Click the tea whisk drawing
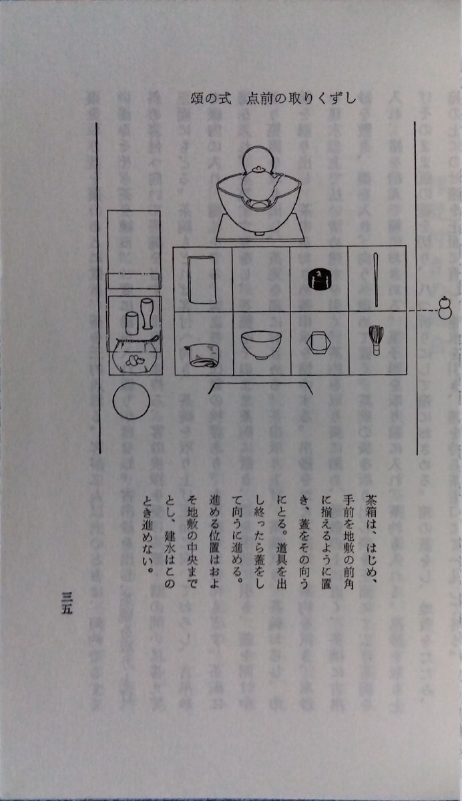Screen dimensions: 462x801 (376, 338)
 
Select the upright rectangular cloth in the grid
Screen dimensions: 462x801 (201, 279)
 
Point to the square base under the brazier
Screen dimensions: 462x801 (260, 229)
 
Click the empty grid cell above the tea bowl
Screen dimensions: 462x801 (260, 280)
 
